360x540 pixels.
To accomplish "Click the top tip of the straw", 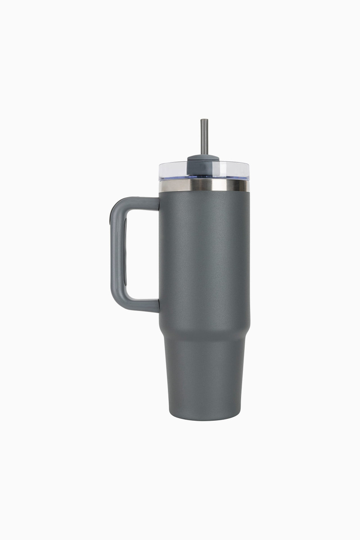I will click(204, 120).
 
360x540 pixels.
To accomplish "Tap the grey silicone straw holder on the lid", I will click(203, 163).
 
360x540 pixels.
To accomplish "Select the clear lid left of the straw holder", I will click(173, 170).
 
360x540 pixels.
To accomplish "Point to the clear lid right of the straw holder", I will click(234, 170).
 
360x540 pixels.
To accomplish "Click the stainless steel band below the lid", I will click(204, 185).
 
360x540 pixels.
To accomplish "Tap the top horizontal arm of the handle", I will click(139, 203).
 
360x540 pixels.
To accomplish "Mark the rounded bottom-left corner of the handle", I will click(116, 301).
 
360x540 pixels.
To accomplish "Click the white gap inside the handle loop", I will click(142, 254).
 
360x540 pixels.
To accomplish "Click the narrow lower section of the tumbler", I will click(204, 378).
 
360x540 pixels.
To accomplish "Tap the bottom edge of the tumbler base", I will click(204, 418).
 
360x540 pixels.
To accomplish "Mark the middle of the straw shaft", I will click(204, 137).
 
